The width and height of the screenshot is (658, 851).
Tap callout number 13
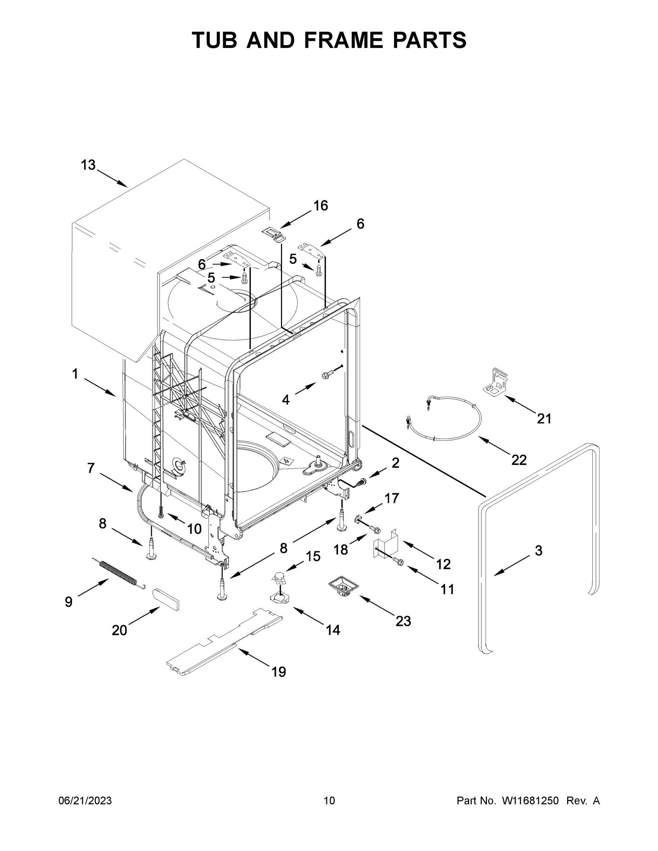coord(88,165)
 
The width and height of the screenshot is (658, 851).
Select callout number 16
coord(320,206)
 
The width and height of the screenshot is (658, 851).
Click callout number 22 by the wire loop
coord(519,460)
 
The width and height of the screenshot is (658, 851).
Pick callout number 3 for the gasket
coord(538,551)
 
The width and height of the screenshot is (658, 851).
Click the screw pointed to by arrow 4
coord(326,376)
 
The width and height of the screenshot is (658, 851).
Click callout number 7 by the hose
coord(91,468)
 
